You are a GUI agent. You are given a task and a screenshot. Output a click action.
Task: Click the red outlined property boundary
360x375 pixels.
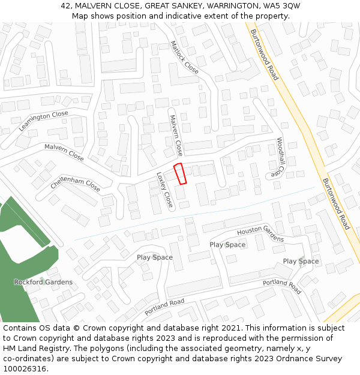(180, 173)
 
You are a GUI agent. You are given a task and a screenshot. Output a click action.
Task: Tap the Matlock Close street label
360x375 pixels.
(184, 58)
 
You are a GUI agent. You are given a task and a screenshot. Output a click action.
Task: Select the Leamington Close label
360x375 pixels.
(44, 121)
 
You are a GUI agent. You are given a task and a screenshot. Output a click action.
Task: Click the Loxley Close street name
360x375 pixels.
(165, 190)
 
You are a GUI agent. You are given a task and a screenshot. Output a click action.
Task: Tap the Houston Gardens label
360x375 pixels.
(260, 235)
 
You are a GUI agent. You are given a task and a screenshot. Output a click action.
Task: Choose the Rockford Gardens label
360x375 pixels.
(43, 282)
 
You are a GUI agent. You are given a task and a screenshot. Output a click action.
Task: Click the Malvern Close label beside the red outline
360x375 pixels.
(176, 136)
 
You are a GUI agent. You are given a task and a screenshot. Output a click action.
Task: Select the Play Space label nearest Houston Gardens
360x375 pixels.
(227, 245)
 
